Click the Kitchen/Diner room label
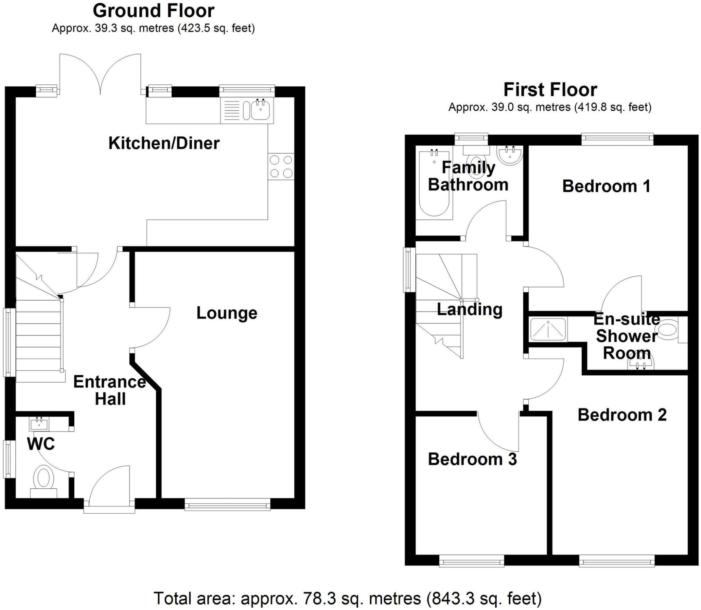click(164, 143)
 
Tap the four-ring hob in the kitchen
click(281, 167)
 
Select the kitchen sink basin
click(260, 109)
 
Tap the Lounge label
click(227, 313)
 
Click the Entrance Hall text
click(110, 390)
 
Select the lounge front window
click(227, 504)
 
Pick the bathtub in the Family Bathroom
click(434, 183)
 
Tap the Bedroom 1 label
click(606, 186)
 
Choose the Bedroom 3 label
click(472, 459)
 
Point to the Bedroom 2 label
click(622, 415)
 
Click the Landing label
click(470, 309)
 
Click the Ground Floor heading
click(153, 11)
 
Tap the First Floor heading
click(550, 90)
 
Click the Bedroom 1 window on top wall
click(617, 138)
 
